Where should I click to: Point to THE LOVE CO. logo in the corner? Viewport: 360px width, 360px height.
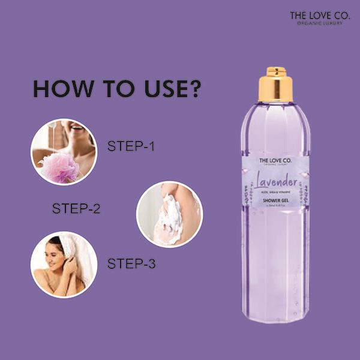pos(316,15)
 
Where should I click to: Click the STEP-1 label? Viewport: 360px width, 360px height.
pos(131,146)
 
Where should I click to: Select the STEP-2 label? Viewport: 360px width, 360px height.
pos(76,209)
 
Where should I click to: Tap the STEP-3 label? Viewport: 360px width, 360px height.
pos(131,263)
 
